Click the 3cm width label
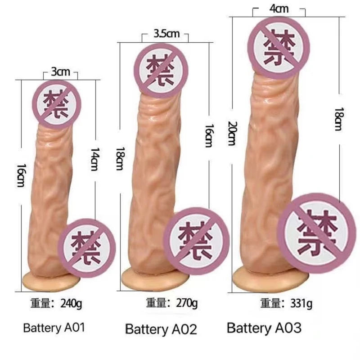(x=60, y=72)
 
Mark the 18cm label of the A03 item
(x=340, y=119)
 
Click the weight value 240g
(x=74, y=302)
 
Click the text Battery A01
(x=54, y=327)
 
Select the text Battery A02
(x=161, y=329)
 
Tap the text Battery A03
(x=264, y=328)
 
